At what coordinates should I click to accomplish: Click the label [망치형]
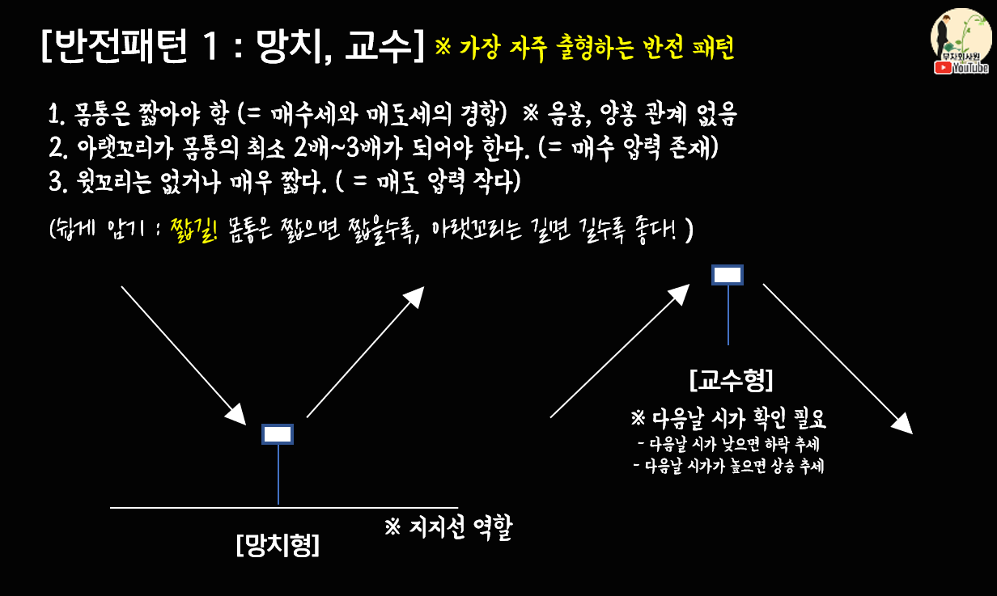point(278,545)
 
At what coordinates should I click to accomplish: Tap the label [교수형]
point(731,378)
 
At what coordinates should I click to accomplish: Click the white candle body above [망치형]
point(278,434)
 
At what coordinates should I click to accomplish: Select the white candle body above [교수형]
point(727,275)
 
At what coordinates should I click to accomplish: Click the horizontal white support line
point(202,508)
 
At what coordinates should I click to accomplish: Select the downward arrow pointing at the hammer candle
point(183,354)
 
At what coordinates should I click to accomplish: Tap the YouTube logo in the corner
point(961,68)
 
